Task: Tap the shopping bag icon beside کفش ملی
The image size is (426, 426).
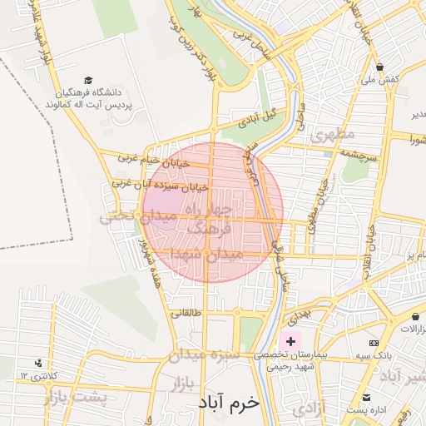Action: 380,67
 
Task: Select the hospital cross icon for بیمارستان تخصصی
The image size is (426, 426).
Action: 290,341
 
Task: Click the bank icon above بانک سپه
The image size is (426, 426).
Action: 374,342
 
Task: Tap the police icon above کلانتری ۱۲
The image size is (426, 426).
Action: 38,363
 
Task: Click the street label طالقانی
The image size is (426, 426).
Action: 186,314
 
